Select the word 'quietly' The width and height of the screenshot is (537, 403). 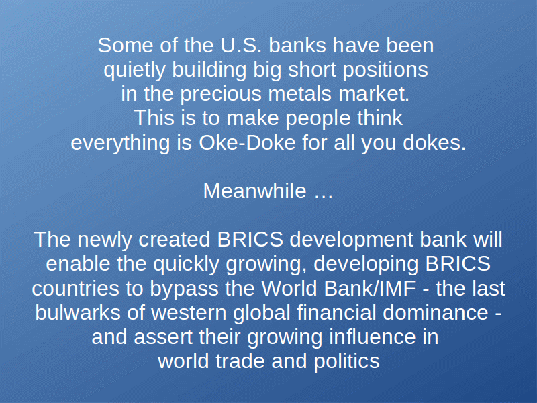(x=135, y=71)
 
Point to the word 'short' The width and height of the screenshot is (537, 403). (x=312, y=70)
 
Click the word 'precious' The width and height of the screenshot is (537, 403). (x=222, y=94)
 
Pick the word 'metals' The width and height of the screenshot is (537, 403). (x=300, y=94)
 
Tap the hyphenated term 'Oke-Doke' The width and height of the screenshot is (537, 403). (x=247, y=142)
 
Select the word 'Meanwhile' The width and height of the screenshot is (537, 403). (x=255, y=191)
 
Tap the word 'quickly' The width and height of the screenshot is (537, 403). (x=186, y=265)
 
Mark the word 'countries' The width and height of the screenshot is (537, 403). (x=75, y=289)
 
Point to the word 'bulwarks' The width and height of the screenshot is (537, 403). (x=78, y=312)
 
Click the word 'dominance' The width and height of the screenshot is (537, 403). (x=435, y=312)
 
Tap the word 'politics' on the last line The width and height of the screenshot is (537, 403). (x=346, y=362)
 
